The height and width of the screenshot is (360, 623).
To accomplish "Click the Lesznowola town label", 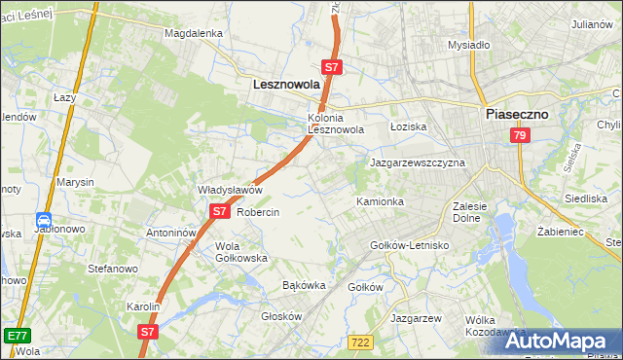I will click(286, 85).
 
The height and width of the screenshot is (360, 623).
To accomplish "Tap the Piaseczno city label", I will click(517, 113).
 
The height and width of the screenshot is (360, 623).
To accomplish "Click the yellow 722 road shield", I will click(360, 341).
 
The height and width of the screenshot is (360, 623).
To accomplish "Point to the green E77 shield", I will click(16, 336).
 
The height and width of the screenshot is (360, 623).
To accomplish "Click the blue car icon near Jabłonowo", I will click(44, 221).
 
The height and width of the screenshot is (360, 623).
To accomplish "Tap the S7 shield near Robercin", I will click(219, 211).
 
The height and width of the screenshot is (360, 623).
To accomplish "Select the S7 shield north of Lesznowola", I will click(332, 67).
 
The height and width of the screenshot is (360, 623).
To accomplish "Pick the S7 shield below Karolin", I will click(147, 331).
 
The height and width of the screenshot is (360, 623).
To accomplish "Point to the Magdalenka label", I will click(194, 32).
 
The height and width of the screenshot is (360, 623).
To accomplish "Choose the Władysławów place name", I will click(231, 190).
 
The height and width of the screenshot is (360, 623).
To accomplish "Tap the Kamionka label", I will click(380, 201).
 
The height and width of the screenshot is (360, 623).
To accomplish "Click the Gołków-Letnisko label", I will click(410, 245).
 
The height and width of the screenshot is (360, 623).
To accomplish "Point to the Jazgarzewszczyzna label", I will click(418, 162).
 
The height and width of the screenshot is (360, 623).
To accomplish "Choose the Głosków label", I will click(283, 316).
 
